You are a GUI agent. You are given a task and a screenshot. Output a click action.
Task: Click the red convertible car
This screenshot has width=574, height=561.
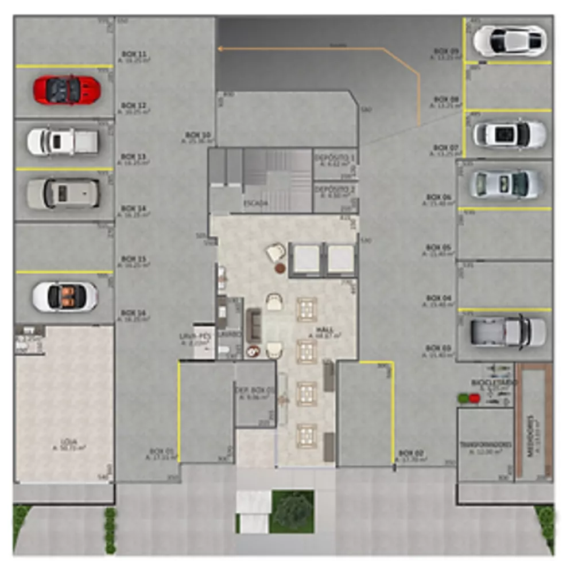coord(67,90)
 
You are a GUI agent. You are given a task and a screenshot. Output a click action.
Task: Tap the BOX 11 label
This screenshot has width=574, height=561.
coord(134,54)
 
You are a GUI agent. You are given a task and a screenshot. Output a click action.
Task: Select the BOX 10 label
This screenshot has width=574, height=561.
coord(197,136)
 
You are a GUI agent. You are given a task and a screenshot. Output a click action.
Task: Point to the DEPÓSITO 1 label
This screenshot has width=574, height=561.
coord(335,157)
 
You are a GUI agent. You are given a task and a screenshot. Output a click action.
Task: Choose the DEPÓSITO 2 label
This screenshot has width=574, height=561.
coord(335,189)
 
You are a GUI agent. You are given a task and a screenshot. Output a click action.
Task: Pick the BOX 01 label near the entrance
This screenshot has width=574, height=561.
coord(162,451)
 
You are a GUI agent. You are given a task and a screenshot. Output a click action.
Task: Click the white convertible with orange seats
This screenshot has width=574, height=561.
coord(65,296)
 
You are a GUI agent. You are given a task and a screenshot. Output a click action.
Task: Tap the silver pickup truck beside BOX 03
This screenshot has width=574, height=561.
coord(507,332)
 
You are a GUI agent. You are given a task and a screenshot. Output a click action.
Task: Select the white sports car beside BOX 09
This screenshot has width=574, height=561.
coord(509,41)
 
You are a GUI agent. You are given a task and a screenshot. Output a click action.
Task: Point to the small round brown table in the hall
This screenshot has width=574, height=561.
coord(280,268)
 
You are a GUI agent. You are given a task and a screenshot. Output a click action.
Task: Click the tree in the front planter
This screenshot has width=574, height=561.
coord(293,511)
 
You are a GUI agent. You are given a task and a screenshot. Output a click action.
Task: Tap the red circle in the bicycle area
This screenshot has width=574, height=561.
coord(474,398)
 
